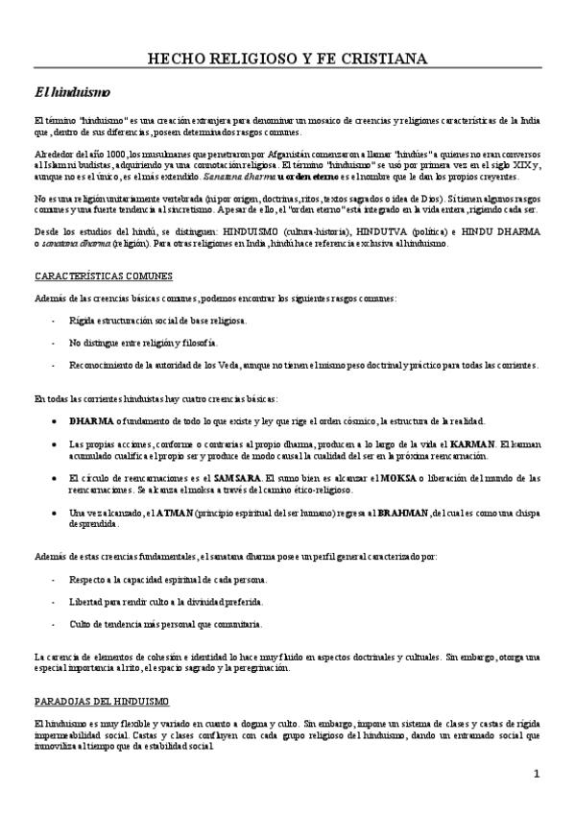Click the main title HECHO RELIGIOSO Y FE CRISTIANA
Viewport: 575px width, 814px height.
click(287, 60)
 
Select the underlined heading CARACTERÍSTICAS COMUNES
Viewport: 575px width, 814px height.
click(97, 276)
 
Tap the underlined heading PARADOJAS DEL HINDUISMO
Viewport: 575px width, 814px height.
click(101, 701)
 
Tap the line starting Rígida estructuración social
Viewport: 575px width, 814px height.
click(158, 319)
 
